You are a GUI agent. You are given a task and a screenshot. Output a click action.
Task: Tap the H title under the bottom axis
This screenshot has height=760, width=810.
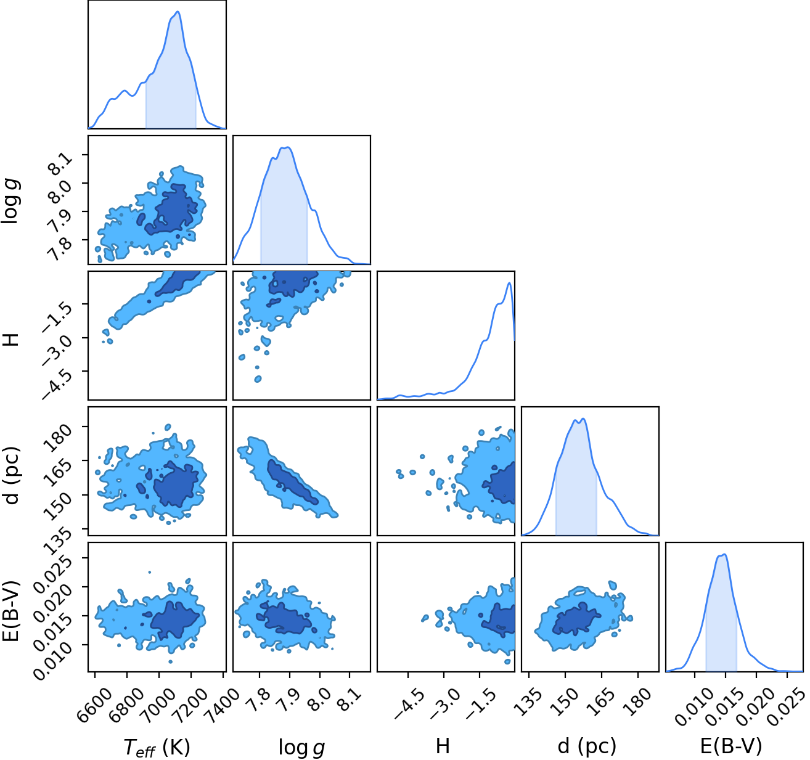point(443,745)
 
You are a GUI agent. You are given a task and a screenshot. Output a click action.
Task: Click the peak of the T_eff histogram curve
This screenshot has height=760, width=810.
point(178,12)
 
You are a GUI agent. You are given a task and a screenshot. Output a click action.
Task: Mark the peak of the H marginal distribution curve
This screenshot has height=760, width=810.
point(509,283)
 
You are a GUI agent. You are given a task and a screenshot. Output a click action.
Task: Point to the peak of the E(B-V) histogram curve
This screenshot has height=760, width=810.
point(724,554)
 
